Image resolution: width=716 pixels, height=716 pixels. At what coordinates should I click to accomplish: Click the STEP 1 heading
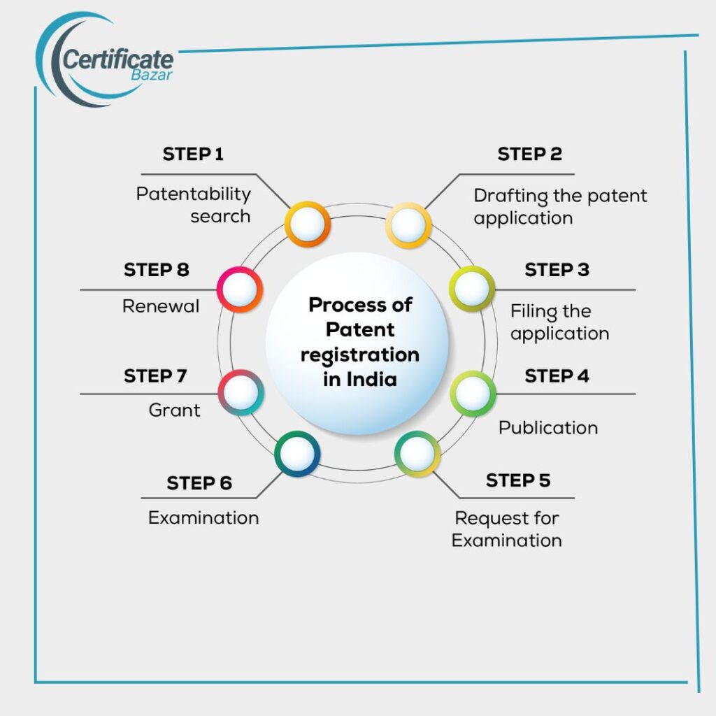193,154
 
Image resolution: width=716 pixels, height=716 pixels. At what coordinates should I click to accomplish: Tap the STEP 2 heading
529,154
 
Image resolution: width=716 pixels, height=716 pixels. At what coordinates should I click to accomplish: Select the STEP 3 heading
557,269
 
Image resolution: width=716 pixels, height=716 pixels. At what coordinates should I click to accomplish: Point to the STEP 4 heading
557,375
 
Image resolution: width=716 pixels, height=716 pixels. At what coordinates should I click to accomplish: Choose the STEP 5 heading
518,480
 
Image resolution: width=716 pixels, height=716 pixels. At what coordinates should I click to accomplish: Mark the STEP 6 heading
199,482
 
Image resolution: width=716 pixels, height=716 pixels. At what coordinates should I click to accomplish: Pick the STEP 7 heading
155,375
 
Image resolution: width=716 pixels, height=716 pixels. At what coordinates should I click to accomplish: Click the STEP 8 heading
157,269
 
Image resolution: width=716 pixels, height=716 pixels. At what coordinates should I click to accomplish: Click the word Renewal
161,306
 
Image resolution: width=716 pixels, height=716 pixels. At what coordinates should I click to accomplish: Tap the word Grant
175,410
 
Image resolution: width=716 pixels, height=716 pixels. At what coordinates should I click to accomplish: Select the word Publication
548,427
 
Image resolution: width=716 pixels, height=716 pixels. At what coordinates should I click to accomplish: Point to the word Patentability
193,194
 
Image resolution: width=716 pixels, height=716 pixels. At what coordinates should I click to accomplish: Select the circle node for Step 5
417,453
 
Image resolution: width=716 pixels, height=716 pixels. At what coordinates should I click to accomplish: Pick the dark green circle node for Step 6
297,453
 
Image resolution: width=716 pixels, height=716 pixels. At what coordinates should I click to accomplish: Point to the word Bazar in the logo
151,75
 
